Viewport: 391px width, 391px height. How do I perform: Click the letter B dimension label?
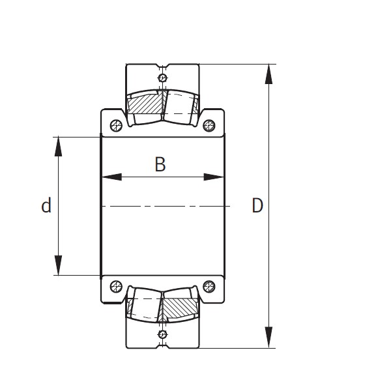[x=160, y=165]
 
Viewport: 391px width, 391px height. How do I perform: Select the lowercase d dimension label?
[x=46, y=206]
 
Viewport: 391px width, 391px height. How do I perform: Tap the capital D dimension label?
[x=257, y=206]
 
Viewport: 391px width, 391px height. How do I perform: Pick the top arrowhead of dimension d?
[x=59, y=146]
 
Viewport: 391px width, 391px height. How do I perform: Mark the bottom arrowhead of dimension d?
[x=59, y=266]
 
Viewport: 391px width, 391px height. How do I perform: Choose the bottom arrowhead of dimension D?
[x=268, y=338]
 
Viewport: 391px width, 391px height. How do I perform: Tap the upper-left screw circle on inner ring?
[x=116, y=125]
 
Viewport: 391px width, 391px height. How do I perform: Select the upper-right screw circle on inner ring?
[x=209, y=125]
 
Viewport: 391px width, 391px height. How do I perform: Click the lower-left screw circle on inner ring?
[x=116, y=285]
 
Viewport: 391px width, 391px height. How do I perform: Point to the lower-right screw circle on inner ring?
[x=209, y=285]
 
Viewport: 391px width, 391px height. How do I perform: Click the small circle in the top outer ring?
[x=162, y=78]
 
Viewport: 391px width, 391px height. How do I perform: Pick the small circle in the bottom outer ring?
[x=162, y=334]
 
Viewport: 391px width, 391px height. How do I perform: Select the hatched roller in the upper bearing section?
[x=145, y=104]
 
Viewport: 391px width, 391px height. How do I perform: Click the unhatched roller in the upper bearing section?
[x=180, y=104]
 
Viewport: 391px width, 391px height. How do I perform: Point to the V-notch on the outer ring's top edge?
[x=162, y=66]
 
